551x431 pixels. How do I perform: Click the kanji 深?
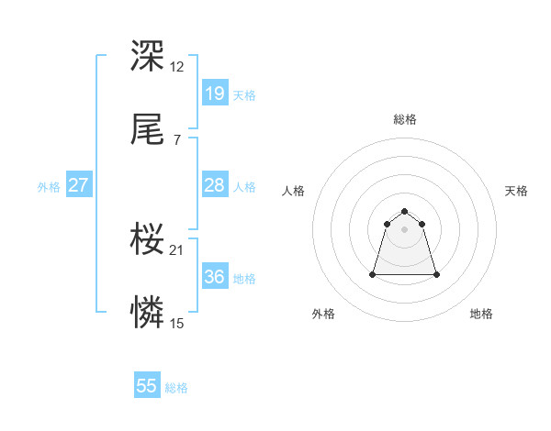click(147, 57)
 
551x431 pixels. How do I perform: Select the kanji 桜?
click(147, 240)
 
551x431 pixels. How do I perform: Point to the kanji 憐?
click(147, 314)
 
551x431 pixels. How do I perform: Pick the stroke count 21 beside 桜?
click(177, 249)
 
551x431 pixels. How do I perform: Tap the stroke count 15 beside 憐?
click(177, 323)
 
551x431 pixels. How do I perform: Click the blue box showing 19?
click(214, 94)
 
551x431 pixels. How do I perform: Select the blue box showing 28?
click(214, 185)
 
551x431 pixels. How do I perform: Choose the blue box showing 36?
click(214, 277)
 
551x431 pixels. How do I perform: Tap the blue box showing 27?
click(78, 185)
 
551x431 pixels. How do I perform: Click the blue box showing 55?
click(147, 386)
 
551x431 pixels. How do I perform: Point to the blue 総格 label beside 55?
click(176, 388)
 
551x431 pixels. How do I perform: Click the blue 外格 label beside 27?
click(49, 187)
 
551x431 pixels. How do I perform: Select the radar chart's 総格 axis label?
click(404, 119)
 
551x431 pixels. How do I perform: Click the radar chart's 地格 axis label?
click(481, 314)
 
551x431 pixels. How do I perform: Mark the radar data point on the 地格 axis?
click(436, 274)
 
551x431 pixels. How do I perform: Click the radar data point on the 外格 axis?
click(373, 273)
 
